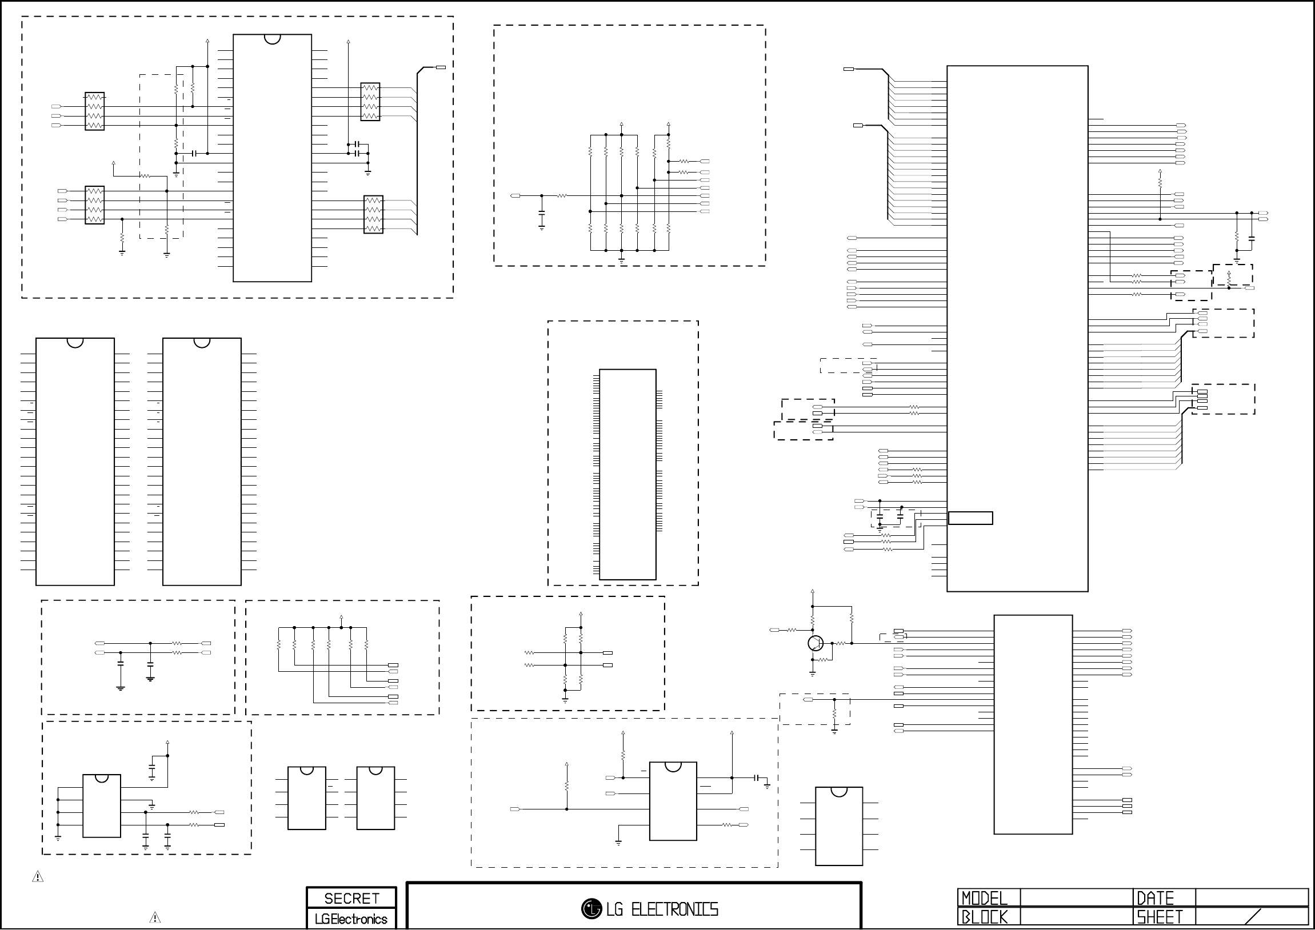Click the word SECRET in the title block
351,899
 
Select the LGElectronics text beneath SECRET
351,919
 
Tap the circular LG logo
591,908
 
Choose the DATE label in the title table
1155,898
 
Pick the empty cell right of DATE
1252,898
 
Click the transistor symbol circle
816,643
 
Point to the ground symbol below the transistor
812,674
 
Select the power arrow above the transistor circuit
812,592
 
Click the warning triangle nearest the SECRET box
155,917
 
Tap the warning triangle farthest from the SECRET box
38,876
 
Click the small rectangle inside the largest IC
970,518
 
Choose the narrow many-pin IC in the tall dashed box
627,475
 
